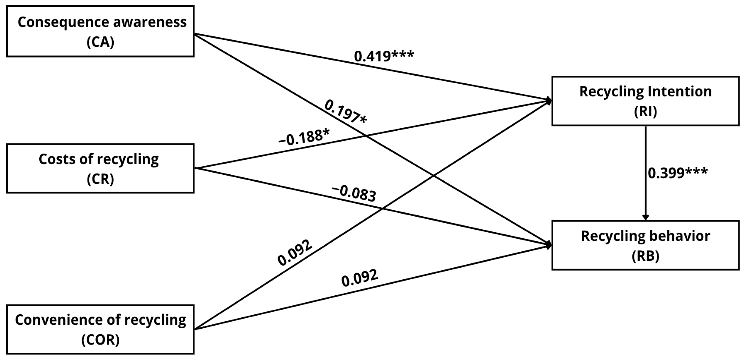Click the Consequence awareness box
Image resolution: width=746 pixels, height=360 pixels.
(x=100, y=31)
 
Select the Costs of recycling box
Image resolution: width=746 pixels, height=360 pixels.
(x=100, y=168)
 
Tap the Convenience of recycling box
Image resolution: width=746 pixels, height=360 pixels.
(x=100, y=329)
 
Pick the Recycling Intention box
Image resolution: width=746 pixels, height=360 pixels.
(x=645, y=101)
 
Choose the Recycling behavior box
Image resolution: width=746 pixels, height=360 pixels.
(x=645, y=245)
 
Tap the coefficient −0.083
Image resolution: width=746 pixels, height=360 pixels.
(x=355, y=193)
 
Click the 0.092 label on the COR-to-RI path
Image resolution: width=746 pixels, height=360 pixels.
(x=295, y=253)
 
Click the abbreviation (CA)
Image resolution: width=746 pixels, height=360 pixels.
(x=100, y=42)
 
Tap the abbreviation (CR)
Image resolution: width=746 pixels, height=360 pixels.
(x=100, y=179)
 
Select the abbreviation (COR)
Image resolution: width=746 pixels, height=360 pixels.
(x=100, y=340)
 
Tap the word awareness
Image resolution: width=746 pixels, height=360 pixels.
(x=150, y=22)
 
